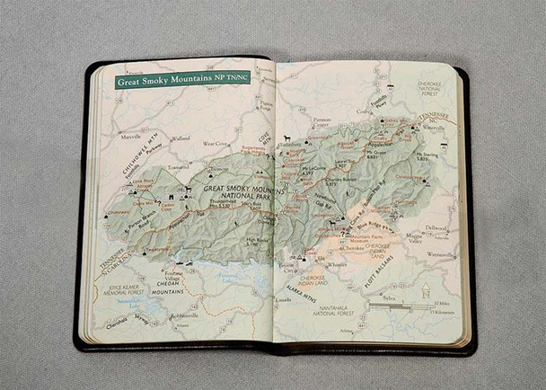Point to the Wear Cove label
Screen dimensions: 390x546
(215, 143)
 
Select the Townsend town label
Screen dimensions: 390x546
(177, 167)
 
